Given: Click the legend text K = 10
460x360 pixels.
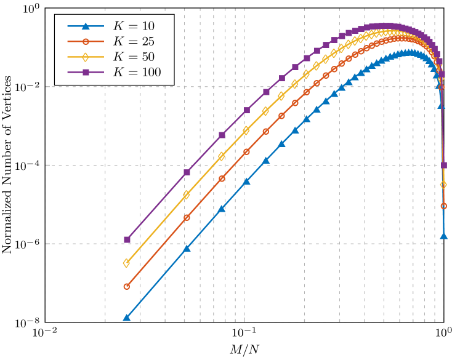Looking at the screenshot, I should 134,26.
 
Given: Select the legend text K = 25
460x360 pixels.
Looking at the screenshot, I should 134,42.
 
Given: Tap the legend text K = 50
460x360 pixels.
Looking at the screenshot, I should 134,57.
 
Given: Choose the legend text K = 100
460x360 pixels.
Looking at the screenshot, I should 137,73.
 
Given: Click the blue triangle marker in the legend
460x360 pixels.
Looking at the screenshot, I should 86,26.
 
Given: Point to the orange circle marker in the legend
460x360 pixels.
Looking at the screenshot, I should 86,42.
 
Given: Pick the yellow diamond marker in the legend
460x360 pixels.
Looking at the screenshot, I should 86,57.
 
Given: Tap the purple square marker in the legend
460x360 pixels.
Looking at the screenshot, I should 86,73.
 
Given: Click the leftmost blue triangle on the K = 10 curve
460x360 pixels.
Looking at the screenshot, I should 127,318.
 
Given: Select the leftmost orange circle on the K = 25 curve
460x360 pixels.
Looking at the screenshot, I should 127,286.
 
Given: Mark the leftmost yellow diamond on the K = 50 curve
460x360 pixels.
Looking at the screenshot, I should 127,263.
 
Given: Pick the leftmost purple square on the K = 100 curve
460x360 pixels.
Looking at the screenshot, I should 127,239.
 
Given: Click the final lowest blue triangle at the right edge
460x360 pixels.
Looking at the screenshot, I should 444,236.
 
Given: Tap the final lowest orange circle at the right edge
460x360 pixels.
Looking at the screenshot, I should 444,206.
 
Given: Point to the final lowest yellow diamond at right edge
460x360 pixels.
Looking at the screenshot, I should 444,185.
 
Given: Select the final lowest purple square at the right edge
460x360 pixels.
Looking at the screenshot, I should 444,165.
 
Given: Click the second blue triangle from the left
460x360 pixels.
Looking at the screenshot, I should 187,248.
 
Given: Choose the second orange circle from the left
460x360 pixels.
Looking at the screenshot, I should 187,217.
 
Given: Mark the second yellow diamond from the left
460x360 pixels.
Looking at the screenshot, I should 187,194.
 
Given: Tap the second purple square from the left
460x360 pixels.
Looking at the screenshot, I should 187,172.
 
